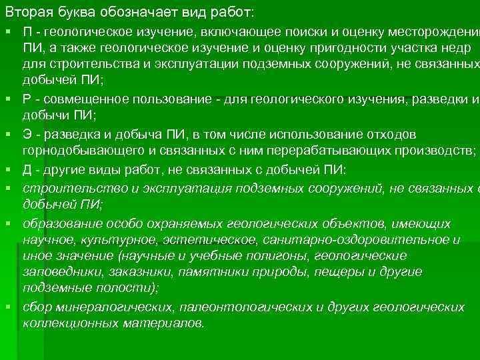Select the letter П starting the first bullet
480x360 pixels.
click(28, 33)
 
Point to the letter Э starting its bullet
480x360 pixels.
click(28, 135)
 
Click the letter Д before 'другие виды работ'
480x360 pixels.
click(28, 169)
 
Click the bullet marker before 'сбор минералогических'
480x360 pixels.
click(7, 306)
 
